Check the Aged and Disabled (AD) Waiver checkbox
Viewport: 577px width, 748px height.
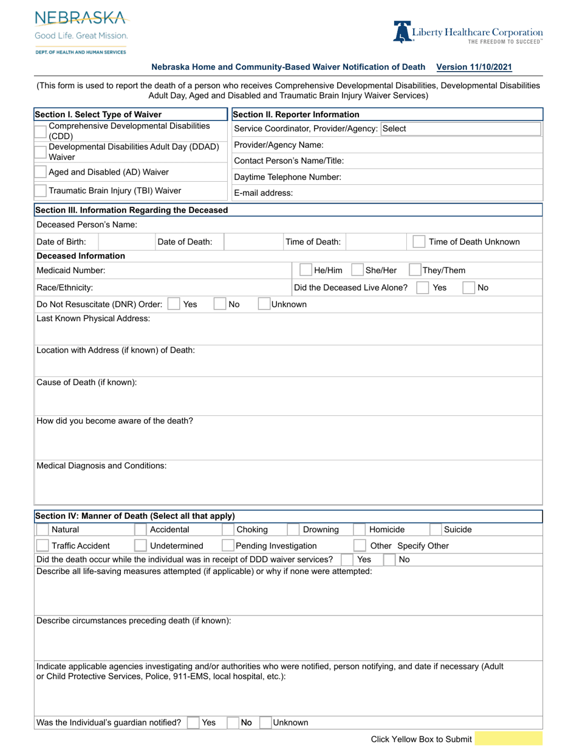click(41, 173)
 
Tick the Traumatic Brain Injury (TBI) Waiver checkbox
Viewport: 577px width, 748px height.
click(41, 191)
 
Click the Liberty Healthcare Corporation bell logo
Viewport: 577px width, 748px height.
click(402, 32)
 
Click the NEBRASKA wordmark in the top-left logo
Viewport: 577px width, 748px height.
click(80, 18)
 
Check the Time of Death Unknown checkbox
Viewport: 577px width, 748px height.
click(418, 241)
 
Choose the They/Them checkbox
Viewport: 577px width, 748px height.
click(415, 271)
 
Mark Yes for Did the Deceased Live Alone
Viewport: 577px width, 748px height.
click(423, 288)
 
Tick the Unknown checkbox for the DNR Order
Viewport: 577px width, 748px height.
click(264, 304)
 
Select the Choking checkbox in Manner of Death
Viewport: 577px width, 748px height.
click(228, 530)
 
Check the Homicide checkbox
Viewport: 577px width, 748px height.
click(360, 530)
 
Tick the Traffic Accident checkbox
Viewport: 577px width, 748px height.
click(43, 545)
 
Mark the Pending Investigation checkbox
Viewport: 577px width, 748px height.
click(228, 545)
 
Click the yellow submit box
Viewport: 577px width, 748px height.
click(508, 739)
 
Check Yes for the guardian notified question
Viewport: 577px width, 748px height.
click(193, 722)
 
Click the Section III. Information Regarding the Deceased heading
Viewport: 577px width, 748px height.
click(131, 210)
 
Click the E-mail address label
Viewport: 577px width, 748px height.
click(263, 193)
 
